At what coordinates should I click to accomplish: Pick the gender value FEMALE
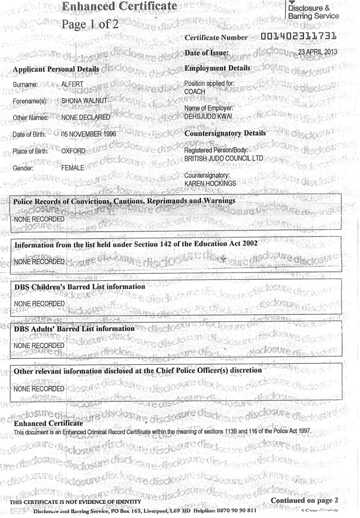pyautogui.click(x=73, y=168)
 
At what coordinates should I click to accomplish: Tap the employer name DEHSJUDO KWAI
pyautogui.click(x=208, y=117)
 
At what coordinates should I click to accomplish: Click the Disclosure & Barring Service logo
pyautogui.click(x=312, y=11)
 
